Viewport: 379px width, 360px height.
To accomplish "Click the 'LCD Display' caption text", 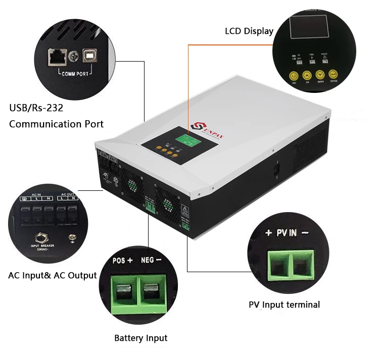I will tap(249, 31).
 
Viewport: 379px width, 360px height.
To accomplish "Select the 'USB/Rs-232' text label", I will tap(36, 108).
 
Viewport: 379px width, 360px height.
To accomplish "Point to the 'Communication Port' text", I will tap(57, 124).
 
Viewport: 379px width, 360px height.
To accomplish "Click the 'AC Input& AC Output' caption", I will tap(53, 275).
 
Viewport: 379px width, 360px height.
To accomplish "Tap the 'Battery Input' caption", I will tap(140, 338).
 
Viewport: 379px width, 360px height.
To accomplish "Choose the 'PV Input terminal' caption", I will tap(285, 304).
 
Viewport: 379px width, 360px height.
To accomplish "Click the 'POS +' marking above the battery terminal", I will tap(123, 261).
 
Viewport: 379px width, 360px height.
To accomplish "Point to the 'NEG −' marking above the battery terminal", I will tap(151, 261).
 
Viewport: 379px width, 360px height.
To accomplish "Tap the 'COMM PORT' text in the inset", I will tap(75, 74).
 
